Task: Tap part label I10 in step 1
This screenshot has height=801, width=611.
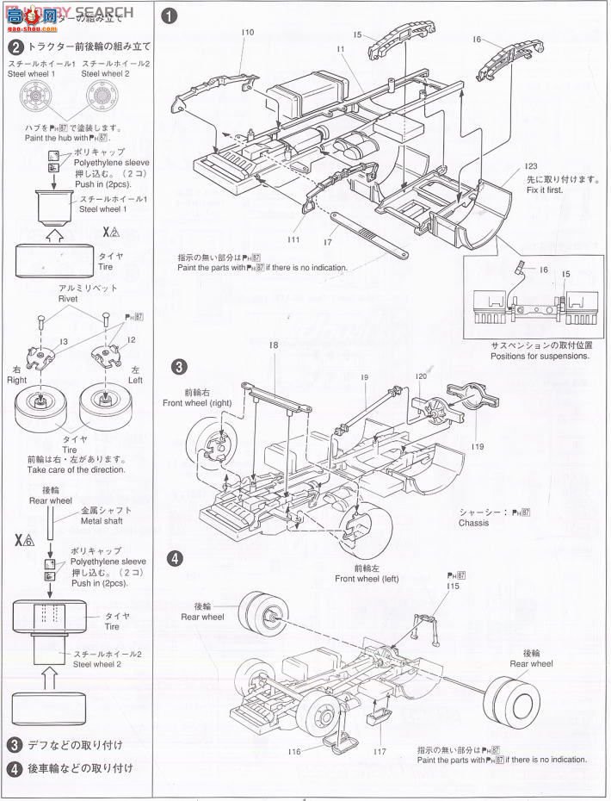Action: (248, 32)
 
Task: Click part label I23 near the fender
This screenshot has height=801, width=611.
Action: (529, 166)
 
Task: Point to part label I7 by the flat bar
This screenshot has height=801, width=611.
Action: (327, 243)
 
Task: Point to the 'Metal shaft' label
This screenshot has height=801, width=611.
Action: (102, 520)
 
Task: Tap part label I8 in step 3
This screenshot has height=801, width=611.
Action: (273, 345)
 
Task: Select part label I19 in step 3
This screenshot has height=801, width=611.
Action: (478, 446)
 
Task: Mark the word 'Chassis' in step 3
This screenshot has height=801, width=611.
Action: (473, 523)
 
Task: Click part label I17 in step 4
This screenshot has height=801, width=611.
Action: (380, 751)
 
